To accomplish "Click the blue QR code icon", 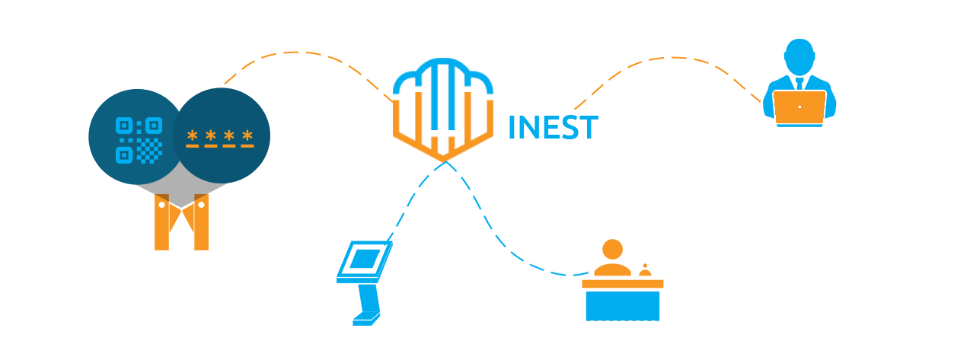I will tap(139, 140).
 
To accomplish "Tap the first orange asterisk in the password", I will tap(192, 135).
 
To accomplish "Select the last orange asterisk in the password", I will tap(247, 135).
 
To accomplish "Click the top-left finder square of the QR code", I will tap(124, 125).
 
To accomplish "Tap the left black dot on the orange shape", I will tap(161, 205).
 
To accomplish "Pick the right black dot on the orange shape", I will tap(202, 205).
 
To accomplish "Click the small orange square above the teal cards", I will tap(243, 68).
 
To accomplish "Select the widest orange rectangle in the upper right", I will tap(669, 83).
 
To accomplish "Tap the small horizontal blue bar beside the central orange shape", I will tap(553, 126).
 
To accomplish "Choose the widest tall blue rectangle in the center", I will tap(493, 215).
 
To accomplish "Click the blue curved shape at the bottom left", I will tap(359, 283).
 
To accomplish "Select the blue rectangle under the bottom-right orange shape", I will tap(622, 305).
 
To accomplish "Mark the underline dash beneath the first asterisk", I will tap(192, 145).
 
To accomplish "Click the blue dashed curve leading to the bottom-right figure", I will tap(560, 272).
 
